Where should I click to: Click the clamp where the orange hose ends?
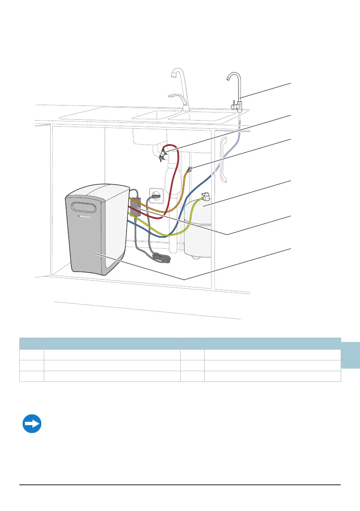coord(189,169)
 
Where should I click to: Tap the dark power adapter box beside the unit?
coord(136,207)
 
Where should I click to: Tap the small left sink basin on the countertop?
coord(151,115)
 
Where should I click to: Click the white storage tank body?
coord(198,230)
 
